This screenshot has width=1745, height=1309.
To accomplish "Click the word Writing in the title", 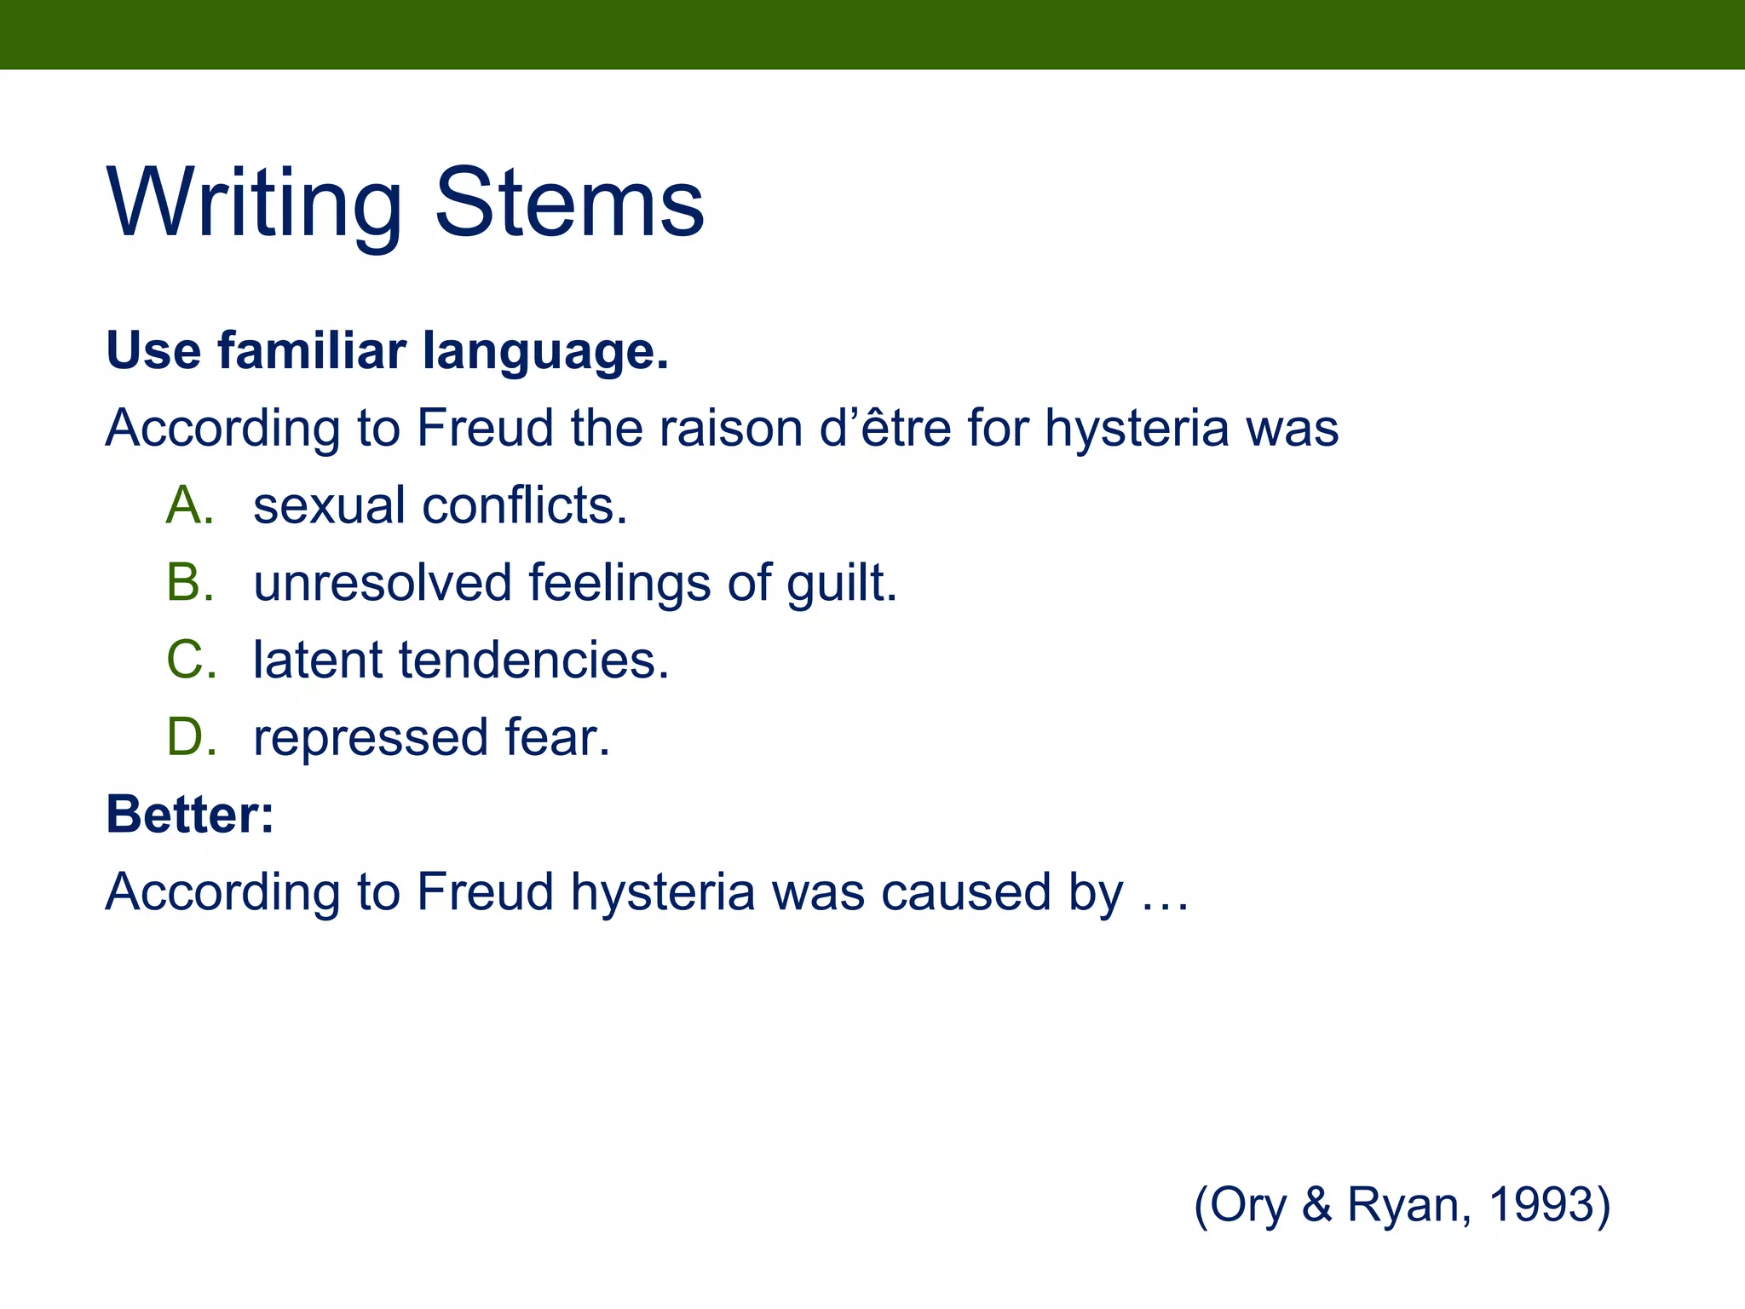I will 254,205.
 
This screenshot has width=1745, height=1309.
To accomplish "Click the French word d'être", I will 884,428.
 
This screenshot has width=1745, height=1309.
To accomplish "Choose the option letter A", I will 190,505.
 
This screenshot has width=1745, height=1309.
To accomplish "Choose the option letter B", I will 190,583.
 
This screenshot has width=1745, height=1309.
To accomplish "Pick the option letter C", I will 190,660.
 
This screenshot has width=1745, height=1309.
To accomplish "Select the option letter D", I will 190,737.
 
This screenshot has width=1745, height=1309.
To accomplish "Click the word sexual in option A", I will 328,505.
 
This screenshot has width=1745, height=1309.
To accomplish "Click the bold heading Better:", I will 190,815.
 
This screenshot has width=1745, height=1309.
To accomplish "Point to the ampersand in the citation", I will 1316,1205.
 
